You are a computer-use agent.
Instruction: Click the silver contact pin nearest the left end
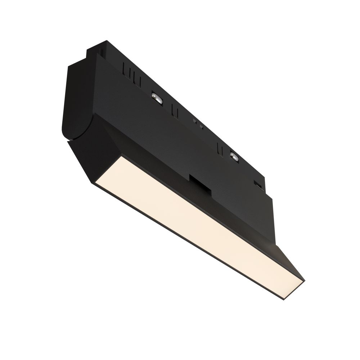(157, 96)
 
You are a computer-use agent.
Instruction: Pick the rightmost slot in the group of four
(139, 77)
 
